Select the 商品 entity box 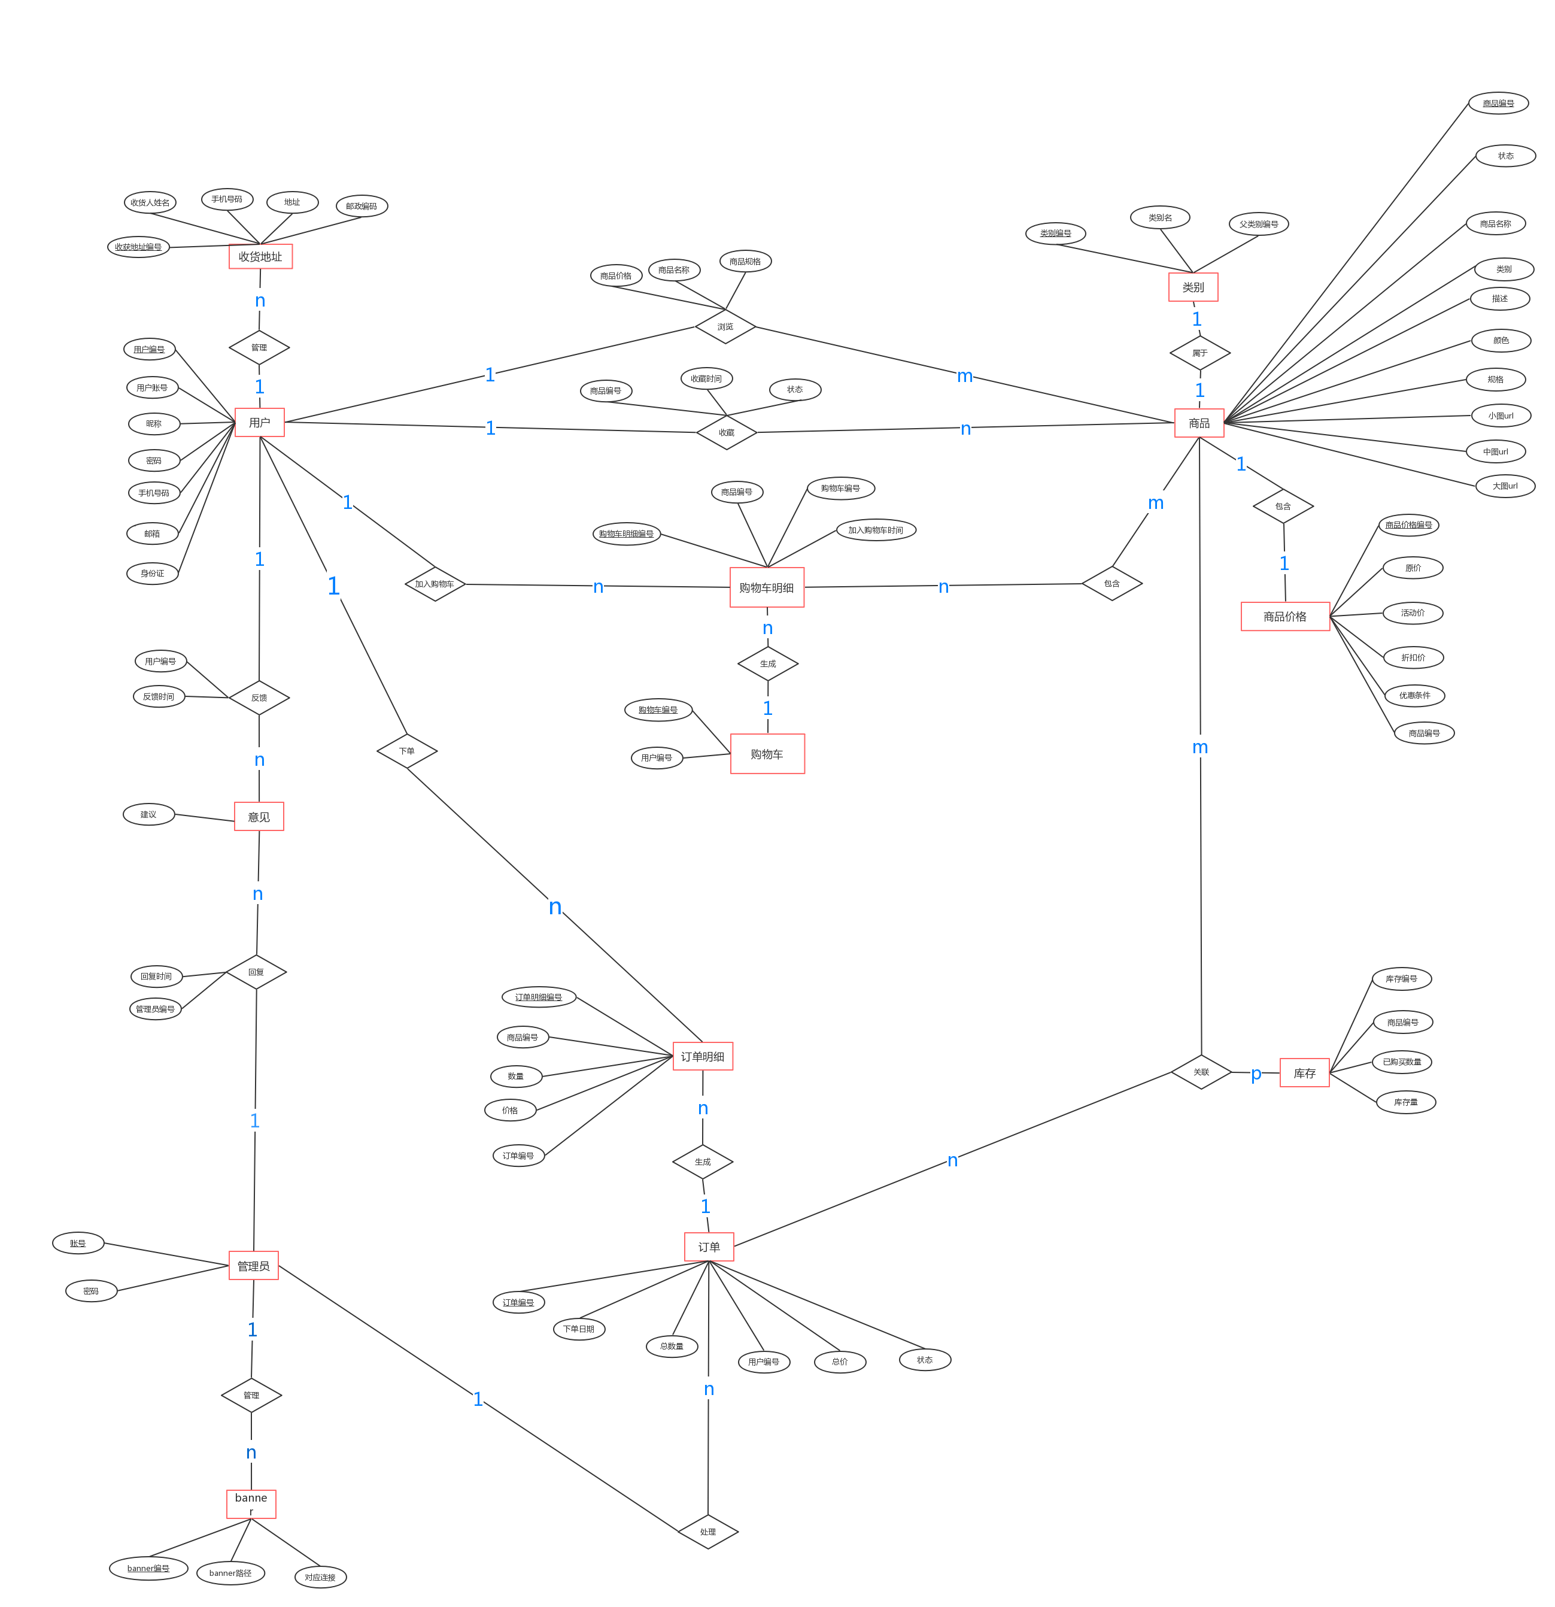point(1198,423)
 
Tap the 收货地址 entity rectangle point(260,257)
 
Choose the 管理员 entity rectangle point(253,1266)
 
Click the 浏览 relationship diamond point(725,327)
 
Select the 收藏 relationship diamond point(726,432)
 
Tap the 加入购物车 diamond point(435,584)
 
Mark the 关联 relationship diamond point(1201,1072)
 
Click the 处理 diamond point(708,1532)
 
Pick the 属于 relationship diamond point(1200,353)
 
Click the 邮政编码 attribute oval point(362,206)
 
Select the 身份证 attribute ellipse point(153,573)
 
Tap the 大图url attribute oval point(1504,486)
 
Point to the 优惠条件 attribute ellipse point(1414,695)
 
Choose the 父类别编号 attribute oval point(1258,224)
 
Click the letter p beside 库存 point(1256,1074)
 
